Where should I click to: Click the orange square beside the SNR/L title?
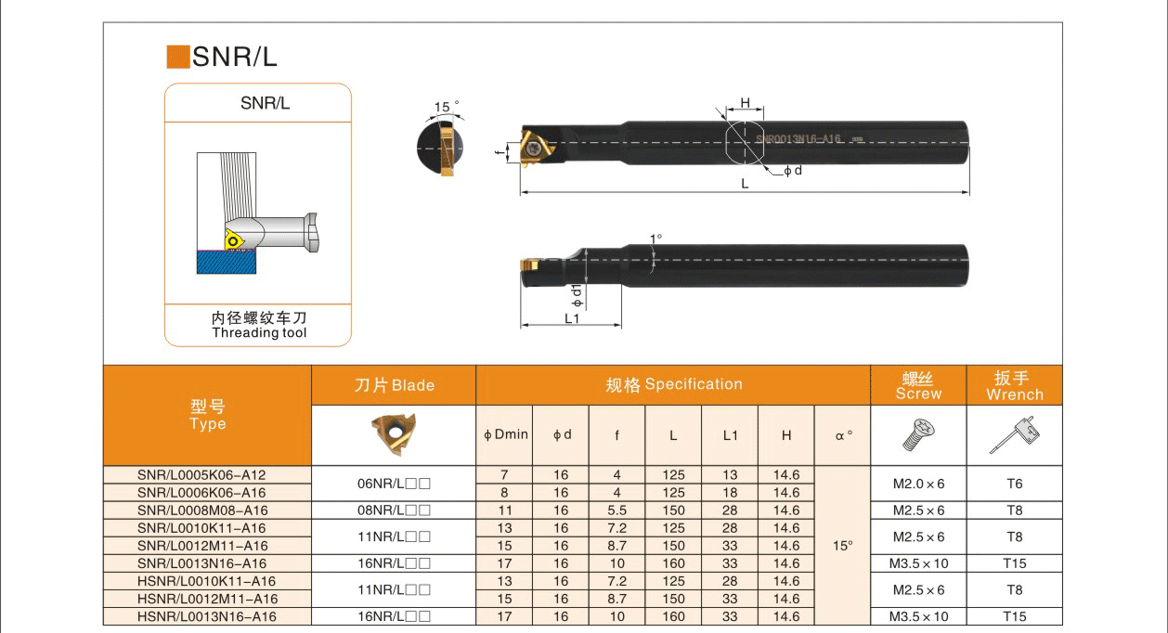coord(177,57)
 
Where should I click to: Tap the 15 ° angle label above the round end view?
coord(447,107)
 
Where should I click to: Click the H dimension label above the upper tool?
coord(745,103)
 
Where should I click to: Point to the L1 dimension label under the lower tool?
coord(572,317)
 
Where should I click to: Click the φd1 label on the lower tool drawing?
coord(577,295)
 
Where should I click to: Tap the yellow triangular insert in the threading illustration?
coord(234,239)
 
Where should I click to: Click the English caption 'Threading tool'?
coord(259,333)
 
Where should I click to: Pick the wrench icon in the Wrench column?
coord(1014,434)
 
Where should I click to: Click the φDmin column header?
coord(505,434)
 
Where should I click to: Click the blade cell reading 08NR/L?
coord(394,510)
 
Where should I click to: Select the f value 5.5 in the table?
coord(616,510)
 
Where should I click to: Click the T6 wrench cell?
coord(1014,484)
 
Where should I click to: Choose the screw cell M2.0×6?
coord(918,484)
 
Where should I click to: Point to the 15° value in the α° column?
coord(842,546)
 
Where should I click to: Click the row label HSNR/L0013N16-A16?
coord(206,616)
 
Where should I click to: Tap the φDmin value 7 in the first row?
coord(504,475)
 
